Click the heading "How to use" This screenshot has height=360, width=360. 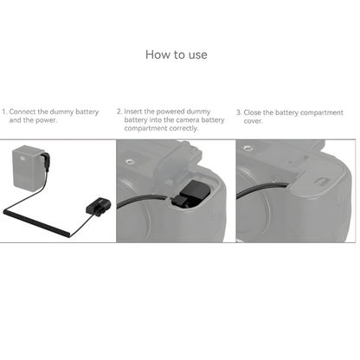[179, 55]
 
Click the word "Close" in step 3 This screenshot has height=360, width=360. [255, 112]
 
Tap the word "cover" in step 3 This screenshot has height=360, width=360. [254, 120]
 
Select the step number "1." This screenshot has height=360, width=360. [4, 112]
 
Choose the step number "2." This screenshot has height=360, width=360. [120, 112]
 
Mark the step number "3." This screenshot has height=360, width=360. [239, 112]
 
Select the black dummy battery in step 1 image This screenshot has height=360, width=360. [96, 204]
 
